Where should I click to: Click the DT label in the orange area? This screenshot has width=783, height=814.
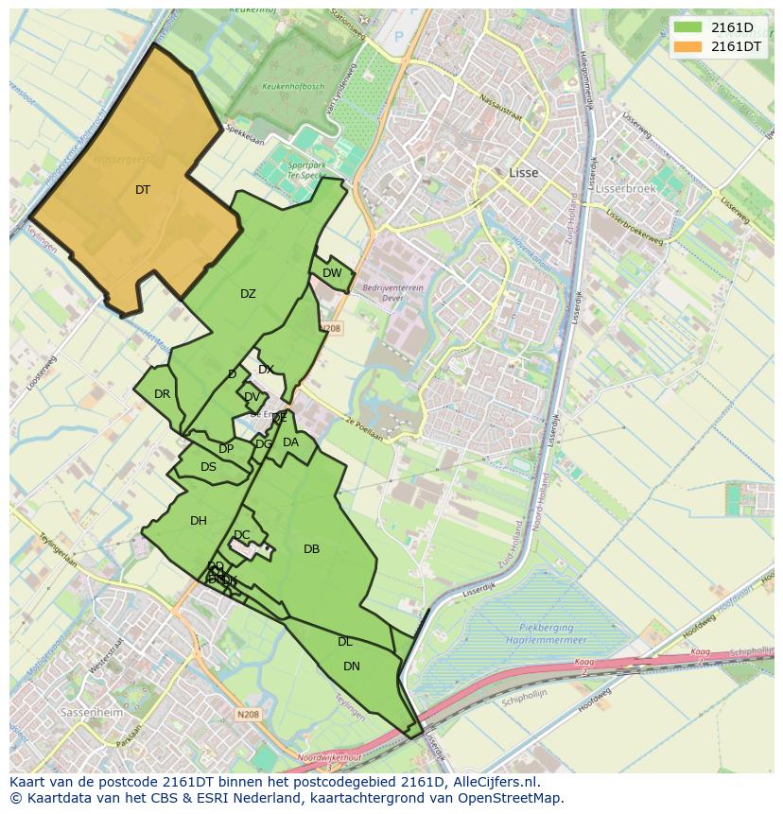142,190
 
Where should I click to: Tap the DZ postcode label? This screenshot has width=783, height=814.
248,294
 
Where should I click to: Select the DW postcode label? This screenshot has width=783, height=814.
332,273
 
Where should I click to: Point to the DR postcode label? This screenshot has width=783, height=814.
162,394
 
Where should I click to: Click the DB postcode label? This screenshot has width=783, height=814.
311,549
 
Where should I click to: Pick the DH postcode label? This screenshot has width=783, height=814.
198,521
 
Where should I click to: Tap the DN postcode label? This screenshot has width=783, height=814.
351,667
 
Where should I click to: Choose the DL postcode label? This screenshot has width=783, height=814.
344,642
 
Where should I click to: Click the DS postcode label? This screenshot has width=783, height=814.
208,467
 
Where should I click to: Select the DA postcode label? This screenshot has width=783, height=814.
290,442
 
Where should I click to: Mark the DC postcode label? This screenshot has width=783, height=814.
242,535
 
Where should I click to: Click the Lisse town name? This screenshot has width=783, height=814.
523,173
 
